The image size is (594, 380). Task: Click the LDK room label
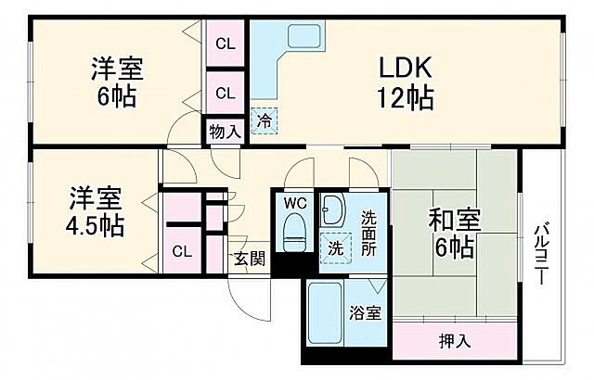(406, 68)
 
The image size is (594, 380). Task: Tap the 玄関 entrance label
(250, 259)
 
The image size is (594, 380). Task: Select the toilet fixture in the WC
(295, 232)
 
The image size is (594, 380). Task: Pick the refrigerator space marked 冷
(264, 120)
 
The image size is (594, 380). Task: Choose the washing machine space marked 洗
(336, 248)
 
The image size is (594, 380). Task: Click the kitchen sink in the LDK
(304, 36)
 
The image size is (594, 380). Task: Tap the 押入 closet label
(455, 341)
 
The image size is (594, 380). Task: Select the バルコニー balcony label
(542, 255)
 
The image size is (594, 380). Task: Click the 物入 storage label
(225, 132)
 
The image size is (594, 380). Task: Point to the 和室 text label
(455, 220)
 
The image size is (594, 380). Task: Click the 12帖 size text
(405, 97)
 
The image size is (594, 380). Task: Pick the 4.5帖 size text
(95, 226)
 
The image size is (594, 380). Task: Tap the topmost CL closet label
(226, 44)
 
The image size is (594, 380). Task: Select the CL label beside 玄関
(182, 251)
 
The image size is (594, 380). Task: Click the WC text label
(295, 203)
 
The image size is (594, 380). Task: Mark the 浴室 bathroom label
(365, 312)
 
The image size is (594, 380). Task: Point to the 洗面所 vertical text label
(368, 233)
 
